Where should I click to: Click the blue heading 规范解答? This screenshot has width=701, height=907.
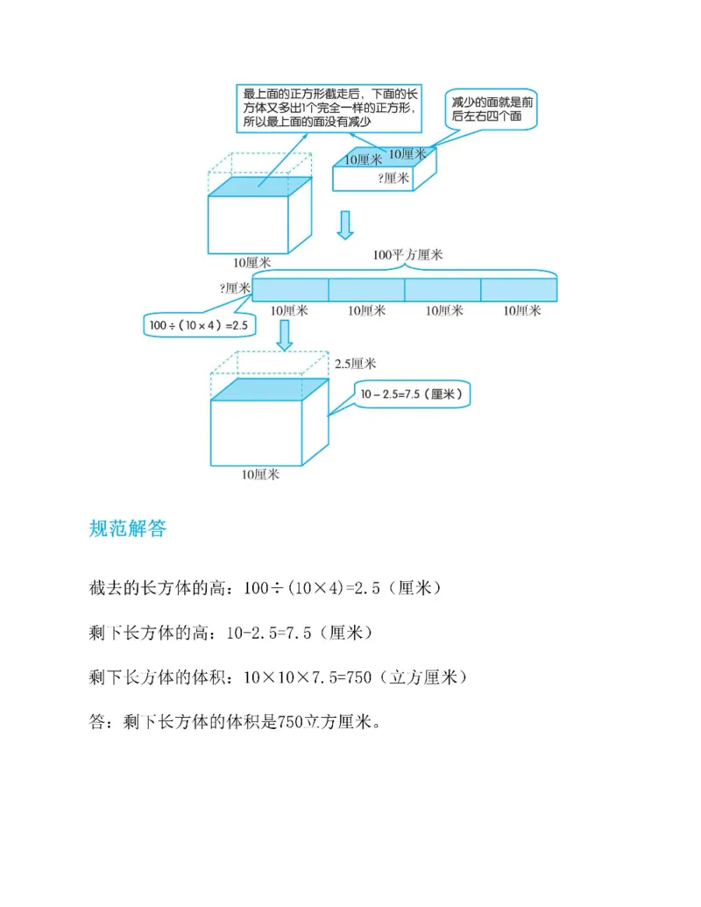(x=127, y=528)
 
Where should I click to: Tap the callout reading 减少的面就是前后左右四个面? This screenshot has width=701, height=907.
(x=491, y=110)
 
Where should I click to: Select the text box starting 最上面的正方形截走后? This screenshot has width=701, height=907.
(x=330, y=107)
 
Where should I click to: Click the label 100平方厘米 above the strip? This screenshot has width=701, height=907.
(x=407, y=255)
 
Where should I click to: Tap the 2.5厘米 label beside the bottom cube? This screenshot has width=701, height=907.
(x=355, y=364)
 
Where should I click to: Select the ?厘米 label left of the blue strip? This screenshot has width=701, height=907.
(x=236, y=287)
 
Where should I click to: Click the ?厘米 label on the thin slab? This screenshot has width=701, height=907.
(x=393, y=177)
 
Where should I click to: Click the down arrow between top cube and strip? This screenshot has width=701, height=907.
(x=345, y=225)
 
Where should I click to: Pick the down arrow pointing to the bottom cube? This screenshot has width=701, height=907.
(x=282, y=336)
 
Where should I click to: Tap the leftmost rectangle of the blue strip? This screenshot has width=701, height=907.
(x=290, y=290)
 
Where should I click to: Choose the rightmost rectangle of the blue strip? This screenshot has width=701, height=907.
(x=519, y=290)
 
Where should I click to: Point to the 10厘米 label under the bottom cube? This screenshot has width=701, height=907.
(x=260, y=474)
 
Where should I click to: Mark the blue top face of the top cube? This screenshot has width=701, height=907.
(x=260, y=188)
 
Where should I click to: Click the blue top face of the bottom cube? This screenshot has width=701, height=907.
(x=270, y=390)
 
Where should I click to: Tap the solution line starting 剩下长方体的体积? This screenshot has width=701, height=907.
(x=281, y=677)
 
